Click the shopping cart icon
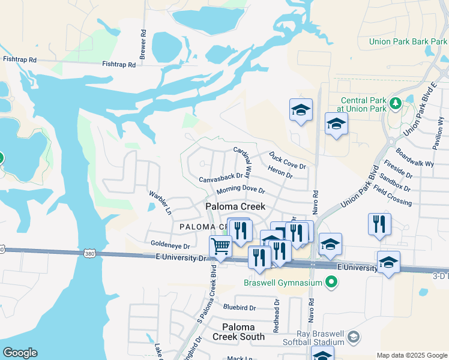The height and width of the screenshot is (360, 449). click(x=220, y=245)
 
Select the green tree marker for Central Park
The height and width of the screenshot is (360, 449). click(x=395, y=103)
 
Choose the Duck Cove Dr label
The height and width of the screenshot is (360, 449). click(x=288, y=160)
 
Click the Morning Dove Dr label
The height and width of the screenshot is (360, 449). click(x=241, y=190)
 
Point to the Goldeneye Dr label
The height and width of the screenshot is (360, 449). click(x=170, y=246)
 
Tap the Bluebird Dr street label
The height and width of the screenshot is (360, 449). click(x=239, y=307)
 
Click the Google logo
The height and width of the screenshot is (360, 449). click(x=20, y=353)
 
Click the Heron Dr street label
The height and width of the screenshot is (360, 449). click(x=280, y=174)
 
